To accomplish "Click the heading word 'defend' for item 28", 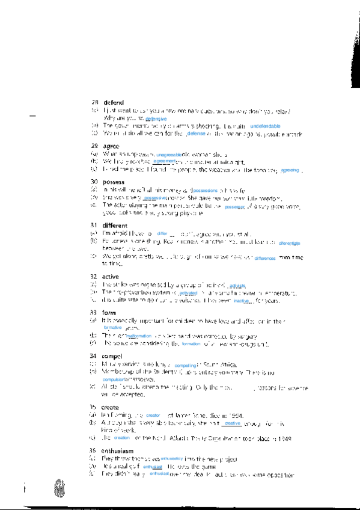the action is [x=113, y=102].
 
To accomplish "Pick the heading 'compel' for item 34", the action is [x=112, y=356].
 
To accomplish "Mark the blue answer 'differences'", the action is [x=264, y=257].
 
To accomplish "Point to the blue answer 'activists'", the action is [x=238, y=286].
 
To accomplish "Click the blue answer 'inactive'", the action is [x=241, y=300].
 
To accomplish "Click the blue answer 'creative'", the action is [x=232, y=423].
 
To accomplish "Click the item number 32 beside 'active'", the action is [x=94, y=277].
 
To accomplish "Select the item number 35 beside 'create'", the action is [x=94, y=407].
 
